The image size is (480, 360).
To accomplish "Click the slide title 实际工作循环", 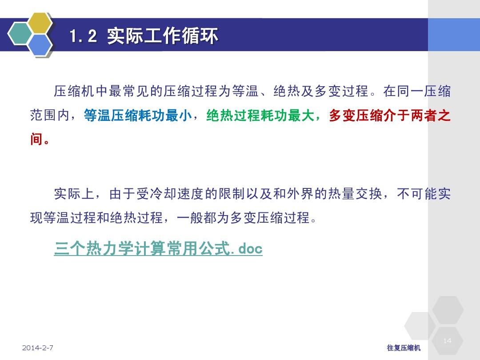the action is pyautogui.click(x=163, y=36).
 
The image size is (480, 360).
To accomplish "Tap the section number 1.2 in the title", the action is pyautogui.click(x=83, y=36).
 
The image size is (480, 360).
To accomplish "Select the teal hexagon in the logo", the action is pyautogui.click(x=19, y=34).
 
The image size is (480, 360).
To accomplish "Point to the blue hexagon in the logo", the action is pyautogui.click(x=40, y=45).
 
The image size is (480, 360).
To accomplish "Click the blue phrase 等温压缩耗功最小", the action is pyautogui.click(x=137, y=116).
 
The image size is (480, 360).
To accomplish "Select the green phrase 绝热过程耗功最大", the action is pyautogui.click(x=260, y=116).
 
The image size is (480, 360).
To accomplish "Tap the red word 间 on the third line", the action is pyautogui.click(x=36, y=139).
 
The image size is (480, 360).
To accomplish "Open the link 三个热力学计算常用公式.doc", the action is pyautogui.click(x=158, y=248).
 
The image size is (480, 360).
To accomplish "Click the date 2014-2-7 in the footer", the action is pyautogui.click(x=38, y=348).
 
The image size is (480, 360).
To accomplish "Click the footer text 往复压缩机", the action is pyautogui.click(x=404, y=348).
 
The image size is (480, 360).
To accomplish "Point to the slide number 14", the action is pyautogui.click(x=447, y=340).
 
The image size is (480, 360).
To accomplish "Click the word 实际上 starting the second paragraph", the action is pyautogui.click(x=74, y=194).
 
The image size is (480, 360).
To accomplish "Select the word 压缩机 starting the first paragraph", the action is pyautogui.click(x=74, y=91).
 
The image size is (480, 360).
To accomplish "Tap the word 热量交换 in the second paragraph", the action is pyautogui.click(x=355, y=194).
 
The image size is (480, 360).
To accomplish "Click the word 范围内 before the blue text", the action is pyautogui.click(x=50, y=116).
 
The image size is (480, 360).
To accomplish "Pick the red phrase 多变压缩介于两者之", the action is pyautogui.click(x=390, y=116).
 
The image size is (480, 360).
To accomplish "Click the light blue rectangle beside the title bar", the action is pyautogui.click(x=454, y=35).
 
